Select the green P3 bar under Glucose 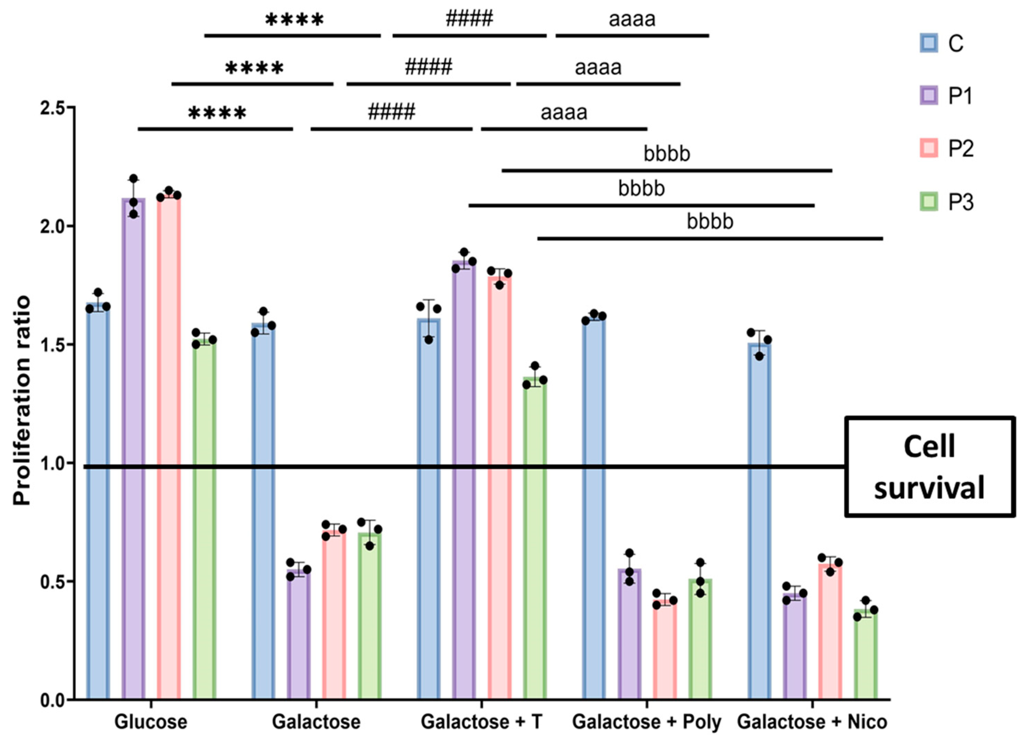pos(204,521)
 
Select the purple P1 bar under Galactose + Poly pos(629,634)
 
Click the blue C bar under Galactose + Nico pos(759,521)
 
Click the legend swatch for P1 pos(929,95)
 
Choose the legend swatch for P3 pos(929,202)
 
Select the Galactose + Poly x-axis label pos(647,722)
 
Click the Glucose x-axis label pos(151,722)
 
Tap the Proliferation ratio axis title pos(21,401)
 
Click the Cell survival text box pos(929,467)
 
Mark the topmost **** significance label pos(294,20)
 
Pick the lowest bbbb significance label pos(710,222)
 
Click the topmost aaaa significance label pos(632,20)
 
